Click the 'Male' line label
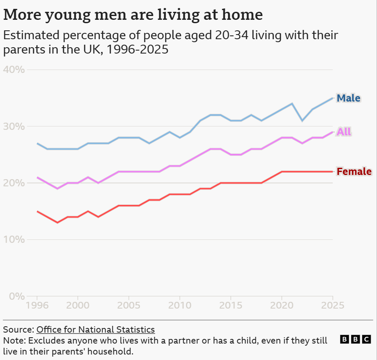[x=348, y=98]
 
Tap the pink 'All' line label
[x=344, y=132]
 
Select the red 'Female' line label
[x=354, y=172]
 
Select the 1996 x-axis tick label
[x=37, y=305]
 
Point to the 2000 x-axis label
[x=78, y=305]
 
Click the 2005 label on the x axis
[x=129, y=305]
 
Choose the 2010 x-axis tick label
[x=180, y=305]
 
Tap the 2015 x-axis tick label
[x=231, y=305]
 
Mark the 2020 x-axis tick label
[x=282, y=305]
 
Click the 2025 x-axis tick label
[x=333, y=305]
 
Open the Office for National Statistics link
[x=96, y=330]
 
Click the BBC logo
[x=355, y=339]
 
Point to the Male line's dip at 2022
[x=302, y=121]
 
